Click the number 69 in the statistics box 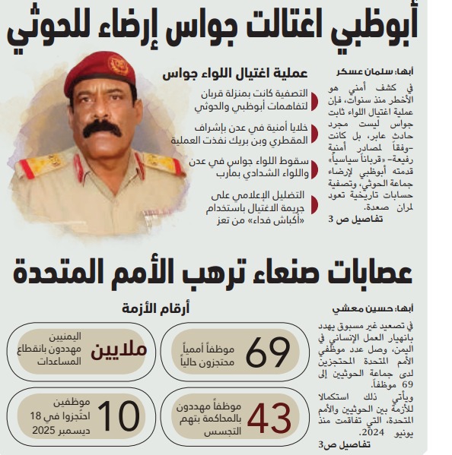[268, 352]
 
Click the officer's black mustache [102, 128]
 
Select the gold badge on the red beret [118, 66]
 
